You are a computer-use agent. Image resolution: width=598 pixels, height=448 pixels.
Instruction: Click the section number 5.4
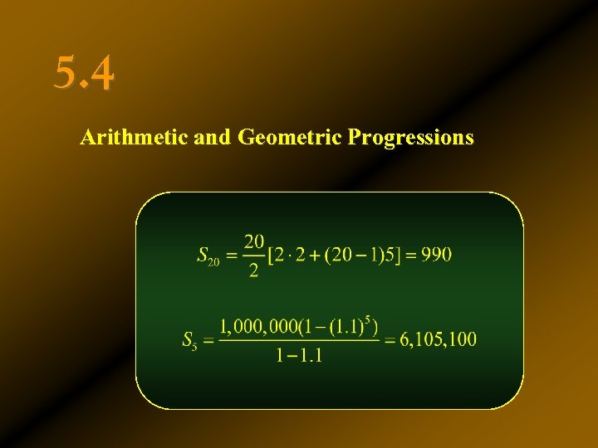85,73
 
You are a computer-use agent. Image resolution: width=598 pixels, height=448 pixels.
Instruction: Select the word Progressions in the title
411,137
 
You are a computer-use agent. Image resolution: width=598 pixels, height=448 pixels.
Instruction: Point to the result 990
436,255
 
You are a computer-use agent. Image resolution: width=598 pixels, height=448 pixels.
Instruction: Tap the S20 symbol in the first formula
208,256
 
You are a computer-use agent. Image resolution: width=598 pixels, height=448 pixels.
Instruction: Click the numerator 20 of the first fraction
253,241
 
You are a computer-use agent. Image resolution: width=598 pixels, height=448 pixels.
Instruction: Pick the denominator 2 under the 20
253,271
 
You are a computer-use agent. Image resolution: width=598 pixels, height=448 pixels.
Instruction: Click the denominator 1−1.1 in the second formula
299,356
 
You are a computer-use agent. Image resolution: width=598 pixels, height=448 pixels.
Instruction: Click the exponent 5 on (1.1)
366,317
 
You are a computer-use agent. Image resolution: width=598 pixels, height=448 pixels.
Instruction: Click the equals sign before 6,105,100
388,339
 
